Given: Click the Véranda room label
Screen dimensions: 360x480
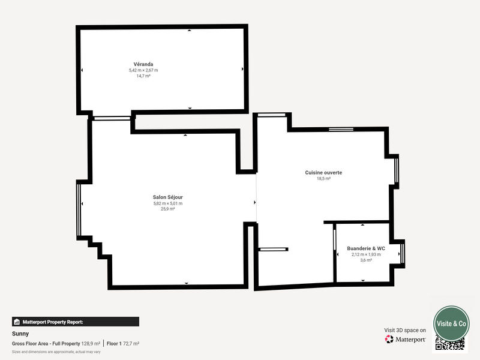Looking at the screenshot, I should pos(143,64).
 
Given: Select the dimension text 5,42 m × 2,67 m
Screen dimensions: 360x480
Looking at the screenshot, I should pos(143,70).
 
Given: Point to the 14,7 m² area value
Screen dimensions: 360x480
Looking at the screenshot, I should pos(143,76).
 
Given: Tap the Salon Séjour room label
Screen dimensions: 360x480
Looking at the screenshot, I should pos(168,197).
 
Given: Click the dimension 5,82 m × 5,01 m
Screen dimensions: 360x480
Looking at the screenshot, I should pos(168,203).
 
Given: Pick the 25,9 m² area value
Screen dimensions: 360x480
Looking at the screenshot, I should pos(168,209).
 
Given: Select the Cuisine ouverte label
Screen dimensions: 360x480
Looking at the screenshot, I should pos(323,172).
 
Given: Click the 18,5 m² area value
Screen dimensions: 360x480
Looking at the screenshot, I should pos(323,179).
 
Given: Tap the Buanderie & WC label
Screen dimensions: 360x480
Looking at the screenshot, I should pos(365,248).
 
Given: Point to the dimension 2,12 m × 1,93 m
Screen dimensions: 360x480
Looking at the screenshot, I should pos(365,254).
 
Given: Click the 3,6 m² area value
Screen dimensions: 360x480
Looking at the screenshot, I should pos(365,260).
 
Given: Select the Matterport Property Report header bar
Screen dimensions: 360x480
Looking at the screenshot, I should pos(76,322).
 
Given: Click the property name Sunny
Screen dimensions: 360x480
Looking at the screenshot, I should pos(20,334).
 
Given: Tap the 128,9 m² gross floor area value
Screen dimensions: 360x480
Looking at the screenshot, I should pos(91,343).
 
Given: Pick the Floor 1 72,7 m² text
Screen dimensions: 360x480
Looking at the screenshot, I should pos(123,343).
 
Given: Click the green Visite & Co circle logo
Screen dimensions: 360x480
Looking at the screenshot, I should pos(451,323).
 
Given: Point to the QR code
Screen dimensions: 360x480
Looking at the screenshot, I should pos(450,344).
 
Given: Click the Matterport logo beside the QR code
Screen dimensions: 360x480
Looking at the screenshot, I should pos(406,340).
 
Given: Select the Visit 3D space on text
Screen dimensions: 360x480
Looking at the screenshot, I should pos(405,330).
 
